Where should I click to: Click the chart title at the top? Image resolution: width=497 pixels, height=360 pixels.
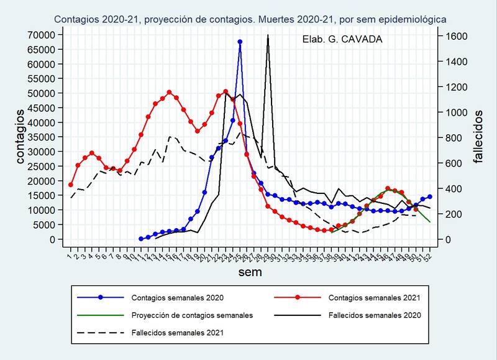(x=249, y=19)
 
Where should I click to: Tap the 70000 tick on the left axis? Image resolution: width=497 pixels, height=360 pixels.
(x=43, y=34)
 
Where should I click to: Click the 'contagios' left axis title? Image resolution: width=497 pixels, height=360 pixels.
(x=21, y=137)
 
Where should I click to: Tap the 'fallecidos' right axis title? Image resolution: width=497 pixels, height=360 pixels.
(x=478, y=137)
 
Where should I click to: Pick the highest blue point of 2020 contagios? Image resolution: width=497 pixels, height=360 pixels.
(x=240, y=42)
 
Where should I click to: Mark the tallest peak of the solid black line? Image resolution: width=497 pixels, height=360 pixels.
(x=268, y=35)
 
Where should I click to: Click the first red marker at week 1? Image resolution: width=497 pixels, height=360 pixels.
(x=71, y=185)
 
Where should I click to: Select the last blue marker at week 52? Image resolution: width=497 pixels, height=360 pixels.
(x=429, y=196)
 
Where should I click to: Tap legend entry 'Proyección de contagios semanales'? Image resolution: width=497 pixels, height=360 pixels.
(x=192, y=315)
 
